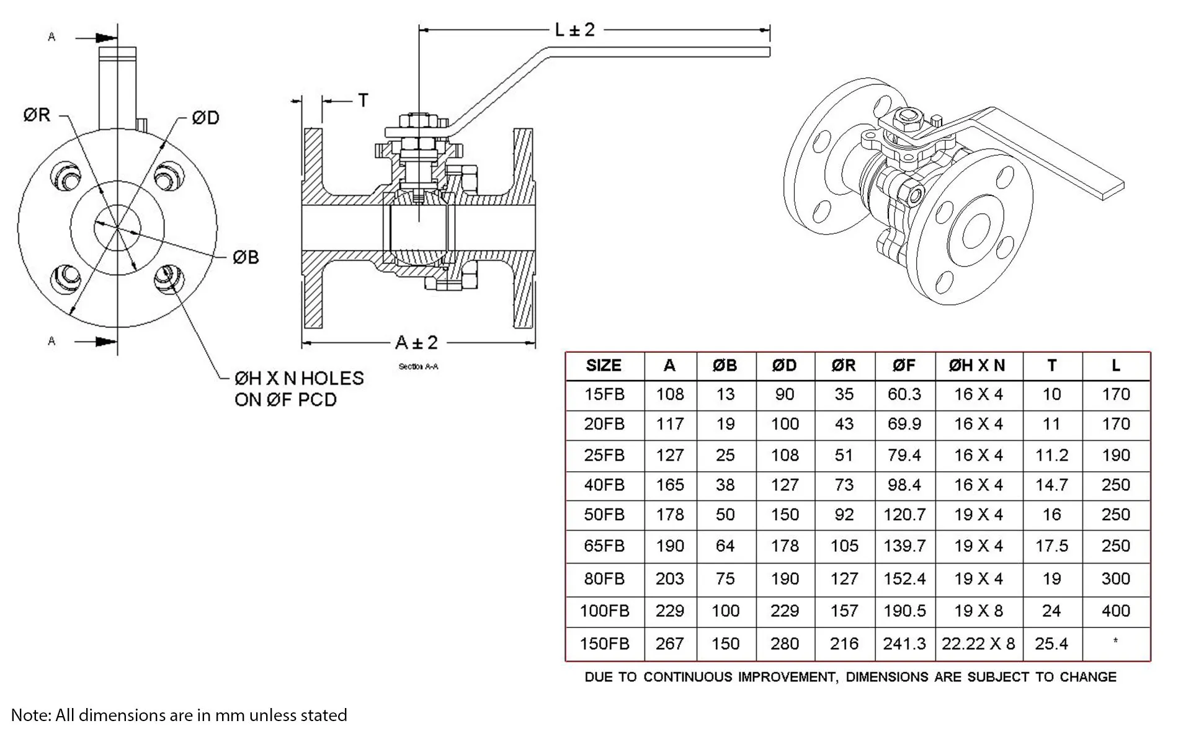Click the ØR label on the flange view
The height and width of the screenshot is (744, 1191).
click(x=37, y=115)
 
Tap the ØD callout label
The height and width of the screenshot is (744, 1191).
click(x=205, y=117)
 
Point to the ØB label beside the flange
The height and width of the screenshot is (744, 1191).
click(x=246, y=257)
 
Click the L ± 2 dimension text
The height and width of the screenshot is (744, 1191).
click(x=574, y=29)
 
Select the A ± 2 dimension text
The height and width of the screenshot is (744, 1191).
click(x=416, y=342)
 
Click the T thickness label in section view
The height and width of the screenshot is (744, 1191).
click(x=363, y=100)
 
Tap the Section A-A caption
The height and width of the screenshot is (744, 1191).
click(x=418, y=366)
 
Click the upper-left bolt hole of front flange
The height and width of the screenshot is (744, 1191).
click(x=66, y=177)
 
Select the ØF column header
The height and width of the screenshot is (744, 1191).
click(x=904, y=365)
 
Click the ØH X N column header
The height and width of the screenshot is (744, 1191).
click(x=977, y=365)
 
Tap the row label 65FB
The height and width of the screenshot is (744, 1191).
click(x=604, y=546)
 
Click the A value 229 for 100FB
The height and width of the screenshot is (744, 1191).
click(x=670, y=611)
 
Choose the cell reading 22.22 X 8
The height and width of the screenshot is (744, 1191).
click(x=978, y=644)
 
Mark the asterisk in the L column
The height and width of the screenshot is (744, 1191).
click(x=1115, y=640)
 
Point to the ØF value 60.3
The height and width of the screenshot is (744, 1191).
click(x=904, y=394)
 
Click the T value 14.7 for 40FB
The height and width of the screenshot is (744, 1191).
click(x=1051, y=485)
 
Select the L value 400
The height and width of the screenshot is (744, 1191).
click(x=1116, y=611)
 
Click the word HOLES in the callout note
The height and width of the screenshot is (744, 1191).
click(x=332, y=378)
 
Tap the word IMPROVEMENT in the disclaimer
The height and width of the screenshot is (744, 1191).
click(x=787, y=676)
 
